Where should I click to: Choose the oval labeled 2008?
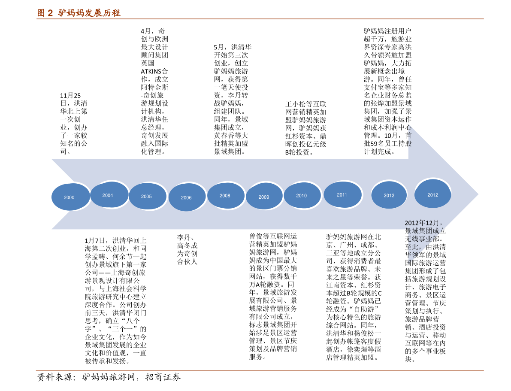tap(226, 195)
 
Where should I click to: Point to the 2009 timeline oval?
tap(264, 197)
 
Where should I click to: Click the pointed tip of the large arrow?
tap(478, 195)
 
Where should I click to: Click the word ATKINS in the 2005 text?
tap(151, 71)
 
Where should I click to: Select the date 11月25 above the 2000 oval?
tap(70, 96)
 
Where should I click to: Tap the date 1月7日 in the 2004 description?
tap(94, 241)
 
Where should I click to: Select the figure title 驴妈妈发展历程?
tap(89, 13)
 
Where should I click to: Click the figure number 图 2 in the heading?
tap(45, 13)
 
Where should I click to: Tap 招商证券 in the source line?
tap(163, 377)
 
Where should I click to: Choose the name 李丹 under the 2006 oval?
tap(184, 237)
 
